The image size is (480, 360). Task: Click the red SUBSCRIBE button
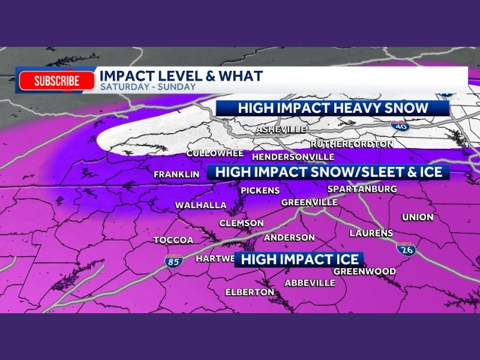(x=57, y=81)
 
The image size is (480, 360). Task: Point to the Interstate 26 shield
(x=405, y=250)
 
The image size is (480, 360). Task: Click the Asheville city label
(x=281, y=130)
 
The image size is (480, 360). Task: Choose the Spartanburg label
(x=362, y=189)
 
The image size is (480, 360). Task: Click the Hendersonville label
(x=293, y=157)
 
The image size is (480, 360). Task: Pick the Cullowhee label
(x=215, y=154)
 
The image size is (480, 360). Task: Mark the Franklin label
(x=176, y=175)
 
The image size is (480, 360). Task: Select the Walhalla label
(x=200, y=205)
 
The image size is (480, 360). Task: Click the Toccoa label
(x=173, y=240)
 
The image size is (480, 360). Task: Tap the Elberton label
(x=250, y=292)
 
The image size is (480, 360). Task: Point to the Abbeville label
(x=310, y=283)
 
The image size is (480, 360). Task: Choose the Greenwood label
(x=364, y=271)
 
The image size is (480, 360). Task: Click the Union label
(x=418, y=217)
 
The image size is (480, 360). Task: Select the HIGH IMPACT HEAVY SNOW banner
(x=332, y=108)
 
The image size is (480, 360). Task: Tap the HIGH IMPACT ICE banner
(x=300, y=259)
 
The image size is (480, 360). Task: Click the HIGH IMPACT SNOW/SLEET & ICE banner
(x=328, y=172)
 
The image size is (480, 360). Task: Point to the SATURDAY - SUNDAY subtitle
(x=148, y=86)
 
